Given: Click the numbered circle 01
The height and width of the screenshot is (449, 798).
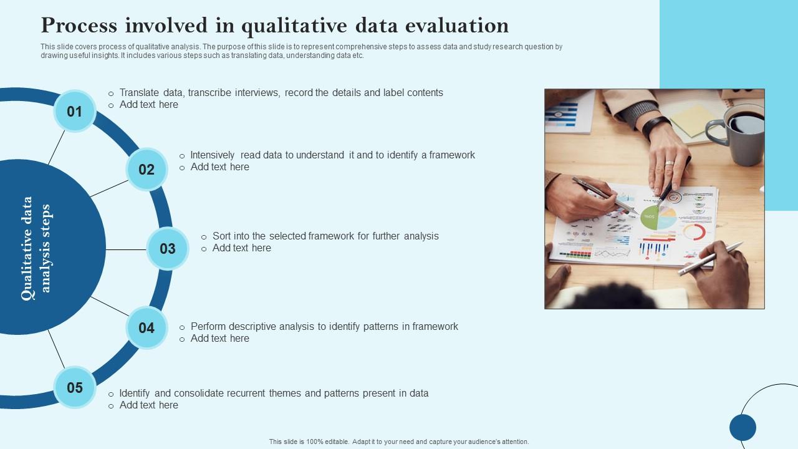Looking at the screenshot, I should [75, 112].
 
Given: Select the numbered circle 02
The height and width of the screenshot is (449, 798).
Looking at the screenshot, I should [147, 170].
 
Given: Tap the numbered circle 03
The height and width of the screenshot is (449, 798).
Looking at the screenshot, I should [168, 249].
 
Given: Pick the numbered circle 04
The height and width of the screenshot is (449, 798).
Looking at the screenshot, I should [147, 328].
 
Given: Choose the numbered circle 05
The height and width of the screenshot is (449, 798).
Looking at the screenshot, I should [75, 388].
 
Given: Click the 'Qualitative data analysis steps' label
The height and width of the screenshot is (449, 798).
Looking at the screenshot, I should [36, 248].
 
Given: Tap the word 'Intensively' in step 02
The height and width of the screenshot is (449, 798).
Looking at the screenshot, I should [213, 155].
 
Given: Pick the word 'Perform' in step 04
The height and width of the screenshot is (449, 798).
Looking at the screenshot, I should [208, 327].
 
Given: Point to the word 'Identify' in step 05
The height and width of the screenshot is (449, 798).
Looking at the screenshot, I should [135, 393].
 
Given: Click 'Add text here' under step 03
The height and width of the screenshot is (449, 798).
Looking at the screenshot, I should [242, 248].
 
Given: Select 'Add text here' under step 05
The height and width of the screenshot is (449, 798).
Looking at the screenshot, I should [149, 405].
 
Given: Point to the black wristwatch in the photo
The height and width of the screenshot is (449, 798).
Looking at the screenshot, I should [655, 127].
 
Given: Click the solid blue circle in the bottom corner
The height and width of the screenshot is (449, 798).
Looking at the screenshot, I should [743, 428].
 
